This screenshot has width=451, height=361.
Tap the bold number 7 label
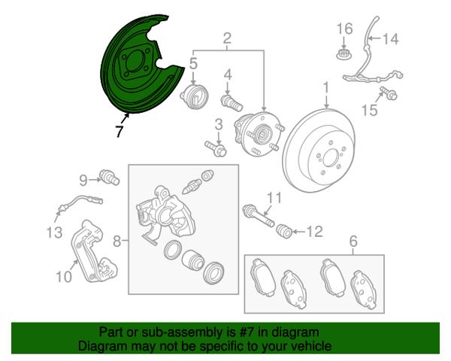click(119, 132)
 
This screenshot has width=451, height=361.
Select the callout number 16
click(344, 29)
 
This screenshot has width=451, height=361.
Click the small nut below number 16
click(344, 54)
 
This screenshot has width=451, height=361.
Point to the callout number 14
click(390, 38)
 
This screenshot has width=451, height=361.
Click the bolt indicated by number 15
click(389, 93)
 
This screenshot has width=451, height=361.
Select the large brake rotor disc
click(319, 150)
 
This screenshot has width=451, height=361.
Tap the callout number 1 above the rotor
click(326, 88)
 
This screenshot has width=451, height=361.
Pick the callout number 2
click(227, 38)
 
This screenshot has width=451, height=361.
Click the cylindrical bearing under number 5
click(195, 96)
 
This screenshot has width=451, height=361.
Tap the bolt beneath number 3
click(216, 148)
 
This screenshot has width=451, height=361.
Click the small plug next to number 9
click(109, 177)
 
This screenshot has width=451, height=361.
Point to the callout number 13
click(54, 232)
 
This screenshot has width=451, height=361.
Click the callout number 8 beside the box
click(117, 241)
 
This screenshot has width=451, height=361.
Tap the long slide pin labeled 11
click(259, 216)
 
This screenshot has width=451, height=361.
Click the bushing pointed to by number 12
click(284, 231)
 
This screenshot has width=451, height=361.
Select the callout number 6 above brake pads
click(353, 241)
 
